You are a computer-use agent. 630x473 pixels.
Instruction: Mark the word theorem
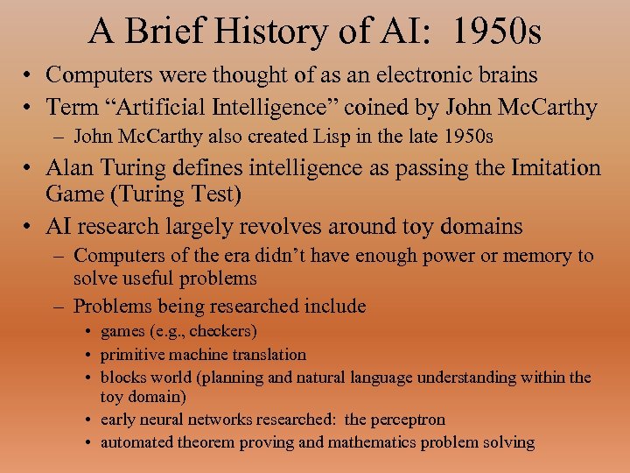click(x=209, y=441)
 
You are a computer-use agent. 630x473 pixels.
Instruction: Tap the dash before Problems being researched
click(x=61, y=307)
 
